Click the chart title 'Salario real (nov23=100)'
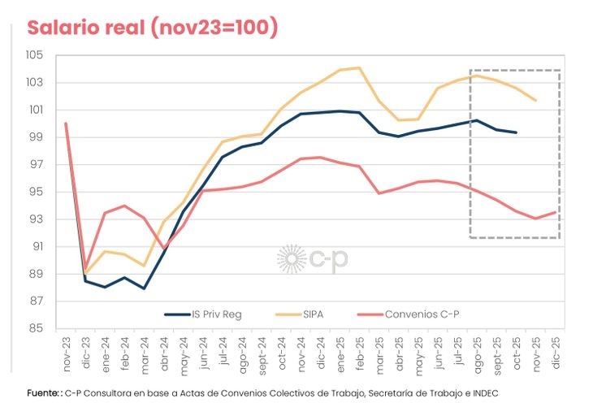coord(153,28)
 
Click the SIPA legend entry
coord(303,313)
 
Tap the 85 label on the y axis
coord(42,329)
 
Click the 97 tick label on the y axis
coord(42,165)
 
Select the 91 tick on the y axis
coord(42,247)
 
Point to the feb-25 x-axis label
coord(360,351)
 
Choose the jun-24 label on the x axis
coord(203,351)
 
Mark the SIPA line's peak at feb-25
coord(359,67)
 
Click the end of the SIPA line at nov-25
coord(536,101)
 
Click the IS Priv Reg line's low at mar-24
coord(144,288)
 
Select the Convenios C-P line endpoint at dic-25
coord(556,212)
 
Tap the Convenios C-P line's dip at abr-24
coord(164,248)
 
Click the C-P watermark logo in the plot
coord(312,258)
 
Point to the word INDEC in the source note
coord(483,392)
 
